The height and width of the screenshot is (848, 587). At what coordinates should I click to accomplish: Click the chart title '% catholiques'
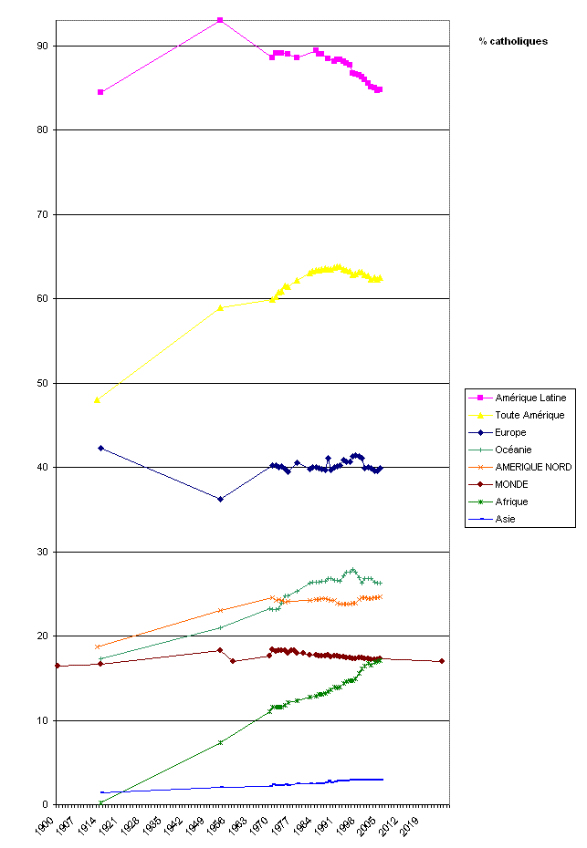513,41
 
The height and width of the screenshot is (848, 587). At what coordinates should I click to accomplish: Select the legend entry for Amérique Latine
530,398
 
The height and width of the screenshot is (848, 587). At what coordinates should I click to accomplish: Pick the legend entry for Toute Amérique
529,415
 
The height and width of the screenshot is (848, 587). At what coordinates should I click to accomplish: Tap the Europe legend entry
511,432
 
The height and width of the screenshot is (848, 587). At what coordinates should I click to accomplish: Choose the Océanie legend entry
514,450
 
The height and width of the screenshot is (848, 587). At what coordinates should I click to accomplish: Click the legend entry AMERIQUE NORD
534,467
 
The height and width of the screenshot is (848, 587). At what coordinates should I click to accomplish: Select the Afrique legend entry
513,502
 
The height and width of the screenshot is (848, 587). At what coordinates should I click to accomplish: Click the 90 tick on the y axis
43,46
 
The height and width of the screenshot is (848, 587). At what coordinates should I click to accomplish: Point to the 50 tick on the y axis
43,383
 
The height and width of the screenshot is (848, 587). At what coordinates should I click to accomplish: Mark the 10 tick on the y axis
43,720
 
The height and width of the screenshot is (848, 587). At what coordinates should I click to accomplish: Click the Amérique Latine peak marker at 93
220,20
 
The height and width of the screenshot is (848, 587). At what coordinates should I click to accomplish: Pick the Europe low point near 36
220,499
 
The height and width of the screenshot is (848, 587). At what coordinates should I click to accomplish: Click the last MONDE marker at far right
442,661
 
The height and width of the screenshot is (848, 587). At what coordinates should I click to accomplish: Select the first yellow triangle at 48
97,399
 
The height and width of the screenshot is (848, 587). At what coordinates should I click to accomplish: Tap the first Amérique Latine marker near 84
100,92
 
